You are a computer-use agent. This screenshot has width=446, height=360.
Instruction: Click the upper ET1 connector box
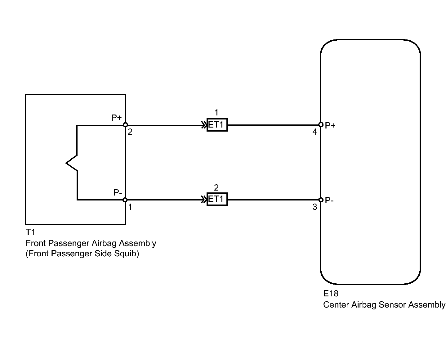coord(217,125)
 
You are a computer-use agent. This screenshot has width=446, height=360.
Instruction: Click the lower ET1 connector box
coord(217,199)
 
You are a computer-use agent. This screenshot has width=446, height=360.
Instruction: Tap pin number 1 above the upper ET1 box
coord(216,113)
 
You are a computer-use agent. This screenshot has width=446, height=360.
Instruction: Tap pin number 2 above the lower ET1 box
coord(216,188)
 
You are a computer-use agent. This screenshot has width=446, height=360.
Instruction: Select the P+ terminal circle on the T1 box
coord(125,125)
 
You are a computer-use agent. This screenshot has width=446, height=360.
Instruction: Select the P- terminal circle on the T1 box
coord(125,200)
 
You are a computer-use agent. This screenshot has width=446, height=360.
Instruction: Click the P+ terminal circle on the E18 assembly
coord(321,124)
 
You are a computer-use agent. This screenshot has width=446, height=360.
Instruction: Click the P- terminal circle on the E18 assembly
coord(321,200)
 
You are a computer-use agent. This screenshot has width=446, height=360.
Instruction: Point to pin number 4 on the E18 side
coord(314,132)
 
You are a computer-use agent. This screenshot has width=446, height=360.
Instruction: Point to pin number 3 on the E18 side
coord(315,207)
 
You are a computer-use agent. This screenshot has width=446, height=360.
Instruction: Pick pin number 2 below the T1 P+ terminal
coord(130,132)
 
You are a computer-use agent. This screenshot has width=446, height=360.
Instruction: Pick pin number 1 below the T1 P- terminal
coord(130,207)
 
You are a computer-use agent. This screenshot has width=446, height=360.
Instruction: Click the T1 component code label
coord(30,232)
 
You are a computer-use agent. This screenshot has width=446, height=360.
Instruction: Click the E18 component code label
coord(331,294)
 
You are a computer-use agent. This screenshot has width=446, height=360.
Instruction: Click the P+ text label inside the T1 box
coord(116,118)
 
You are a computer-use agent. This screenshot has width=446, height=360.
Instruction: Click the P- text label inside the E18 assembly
coord(329,200)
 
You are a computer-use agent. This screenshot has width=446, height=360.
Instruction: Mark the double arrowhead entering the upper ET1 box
coord(204,125)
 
